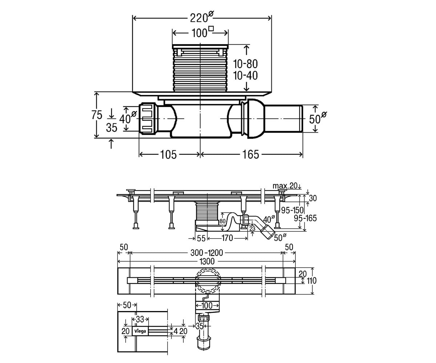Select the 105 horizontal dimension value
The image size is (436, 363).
coord(168,155)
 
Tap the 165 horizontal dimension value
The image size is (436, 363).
coord(251,155)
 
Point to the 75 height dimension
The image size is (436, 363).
coord(97,115)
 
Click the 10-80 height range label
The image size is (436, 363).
coord(245,64)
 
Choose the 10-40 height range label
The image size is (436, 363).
coord(245,76)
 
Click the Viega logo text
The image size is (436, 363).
coord(140,331)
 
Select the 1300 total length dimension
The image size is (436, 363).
coord(207,261)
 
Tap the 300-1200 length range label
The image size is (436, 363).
coord(207,253)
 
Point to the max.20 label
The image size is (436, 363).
coord(285,186)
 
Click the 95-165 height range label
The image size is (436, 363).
coord(305,219)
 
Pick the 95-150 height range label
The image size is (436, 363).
coord(292,211)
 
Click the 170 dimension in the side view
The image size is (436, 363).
coord(227,238)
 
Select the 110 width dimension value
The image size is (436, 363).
coord(311,281)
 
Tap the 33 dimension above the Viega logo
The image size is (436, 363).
coord(140,319)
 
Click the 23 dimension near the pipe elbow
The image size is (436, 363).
coord(253,229)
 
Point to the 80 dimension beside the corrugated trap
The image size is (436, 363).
coord(223,221)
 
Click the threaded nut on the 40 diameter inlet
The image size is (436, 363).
coord(148,118)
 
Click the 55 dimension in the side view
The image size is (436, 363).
coord(201,238)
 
